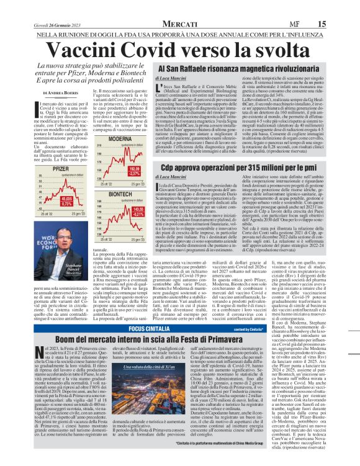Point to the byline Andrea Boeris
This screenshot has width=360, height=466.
[x=63, y=92]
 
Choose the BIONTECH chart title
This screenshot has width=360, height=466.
[x=120, y=193]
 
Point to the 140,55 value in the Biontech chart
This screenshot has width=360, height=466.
[x=133, y=227]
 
